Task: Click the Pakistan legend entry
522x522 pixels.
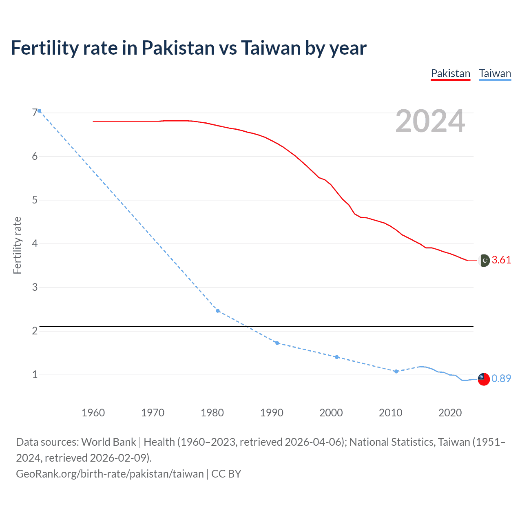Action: point(451,73)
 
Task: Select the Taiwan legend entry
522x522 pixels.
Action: point(495,73)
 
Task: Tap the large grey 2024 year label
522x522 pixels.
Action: point(430,121)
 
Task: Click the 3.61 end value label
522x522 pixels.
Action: point(501,260)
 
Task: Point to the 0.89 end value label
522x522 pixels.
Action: point(501,378)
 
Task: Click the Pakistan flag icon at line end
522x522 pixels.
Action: point(484,260)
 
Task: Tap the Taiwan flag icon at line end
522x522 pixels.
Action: point(483,379)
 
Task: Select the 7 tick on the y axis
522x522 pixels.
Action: point(35,113)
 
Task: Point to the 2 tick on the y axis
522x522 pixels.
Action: point(35,331)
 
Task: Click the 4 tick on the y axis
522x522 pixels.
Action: point(35,243)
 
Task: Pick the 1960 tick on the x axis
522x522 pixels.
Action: point(93,413)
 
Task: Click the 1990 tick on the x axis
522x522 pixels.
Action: point(272,413)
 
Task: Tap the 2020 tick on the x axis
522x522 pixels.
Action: point(450,413)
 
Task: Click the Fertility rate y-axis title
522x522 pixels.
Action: point(17,245)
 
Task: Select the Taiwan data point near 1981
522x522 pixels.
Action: point(218,311)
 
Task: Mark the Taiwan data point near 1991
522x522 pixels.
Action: point(277,343)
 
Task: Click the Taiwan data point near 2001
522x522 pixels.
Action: point(336,357)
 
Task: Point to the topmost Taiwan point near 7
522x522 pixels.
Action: point(39,111)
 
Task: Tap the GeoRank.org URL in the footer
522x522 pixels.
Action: point(110,474)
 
